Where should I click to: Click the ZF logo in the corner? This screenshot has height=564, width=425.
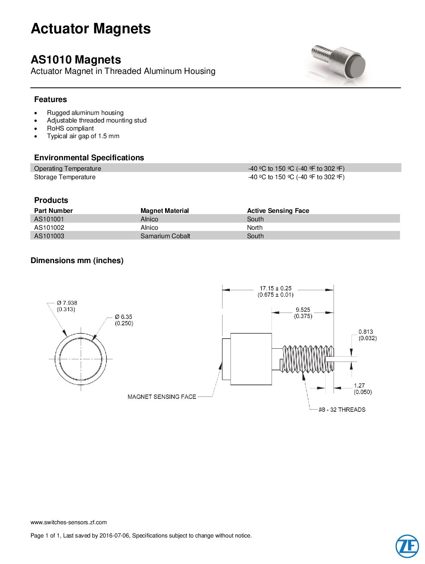407,546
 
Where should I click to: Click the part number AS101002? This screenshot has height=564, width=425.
49,227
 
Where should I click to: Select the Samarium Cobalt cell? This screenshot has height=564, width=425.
165,236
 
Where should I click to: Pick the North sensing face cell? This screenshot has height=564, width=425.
255,227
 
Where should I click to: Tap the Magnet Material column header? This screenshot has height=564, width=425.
164,210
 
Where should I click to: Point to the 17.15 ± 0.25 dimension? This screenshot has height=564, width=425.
276,288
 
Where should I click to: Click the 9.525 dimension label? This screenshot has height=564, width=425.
303,310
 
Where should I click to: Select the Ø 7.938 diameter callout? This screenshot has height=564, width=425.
67,303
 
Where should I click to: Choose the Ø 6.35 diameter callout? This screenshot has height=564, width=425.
123,317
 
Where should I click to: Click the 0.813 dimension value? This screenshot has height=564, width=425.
366,332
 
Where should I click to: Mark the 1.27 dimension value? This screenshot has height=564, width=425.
360,386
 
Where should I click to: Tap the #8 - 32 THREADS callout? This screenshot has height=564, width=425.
342,410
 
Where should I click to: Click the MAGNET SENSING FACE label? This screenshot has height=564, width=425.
162,397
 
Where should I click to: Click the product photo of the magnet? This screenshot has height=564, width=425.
339,65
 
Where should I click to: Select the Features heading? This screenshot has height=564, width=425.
51,99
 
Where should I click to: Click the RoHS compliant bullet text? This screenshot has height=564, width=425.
70,129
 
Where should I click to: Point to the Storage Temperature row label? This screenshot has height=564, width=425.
65,177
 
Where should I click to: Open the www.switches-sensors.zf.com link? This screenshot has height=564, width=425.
69,522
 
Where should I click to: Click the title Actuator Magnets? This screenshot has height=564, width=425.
91,29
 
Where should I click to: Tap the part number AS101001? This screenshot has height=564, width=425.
49,219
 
